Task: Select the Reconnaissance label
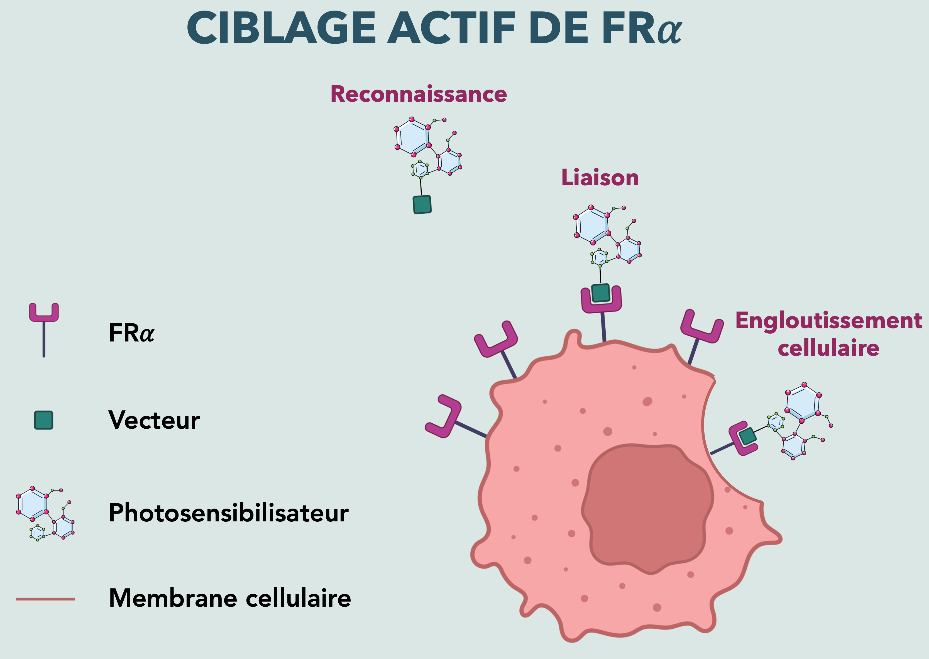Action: tap(419, 94)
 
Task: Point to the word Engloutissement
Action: tap(828, 321)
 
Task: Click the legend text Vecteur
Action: tap(154, 420)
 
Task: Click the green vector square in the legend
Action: tap(43, 420)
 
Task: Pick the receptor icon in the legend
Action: tap(44, 321)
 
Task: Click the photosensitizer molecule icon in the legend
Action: tap(45, 514)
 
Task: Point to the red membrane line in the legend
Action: tap(45, 599)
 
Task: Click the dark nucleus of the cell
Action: tap(647, 507)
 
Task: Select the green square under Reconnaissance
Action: tap(422, 204)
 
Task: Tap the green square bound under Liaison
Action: tap(600, 292)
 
